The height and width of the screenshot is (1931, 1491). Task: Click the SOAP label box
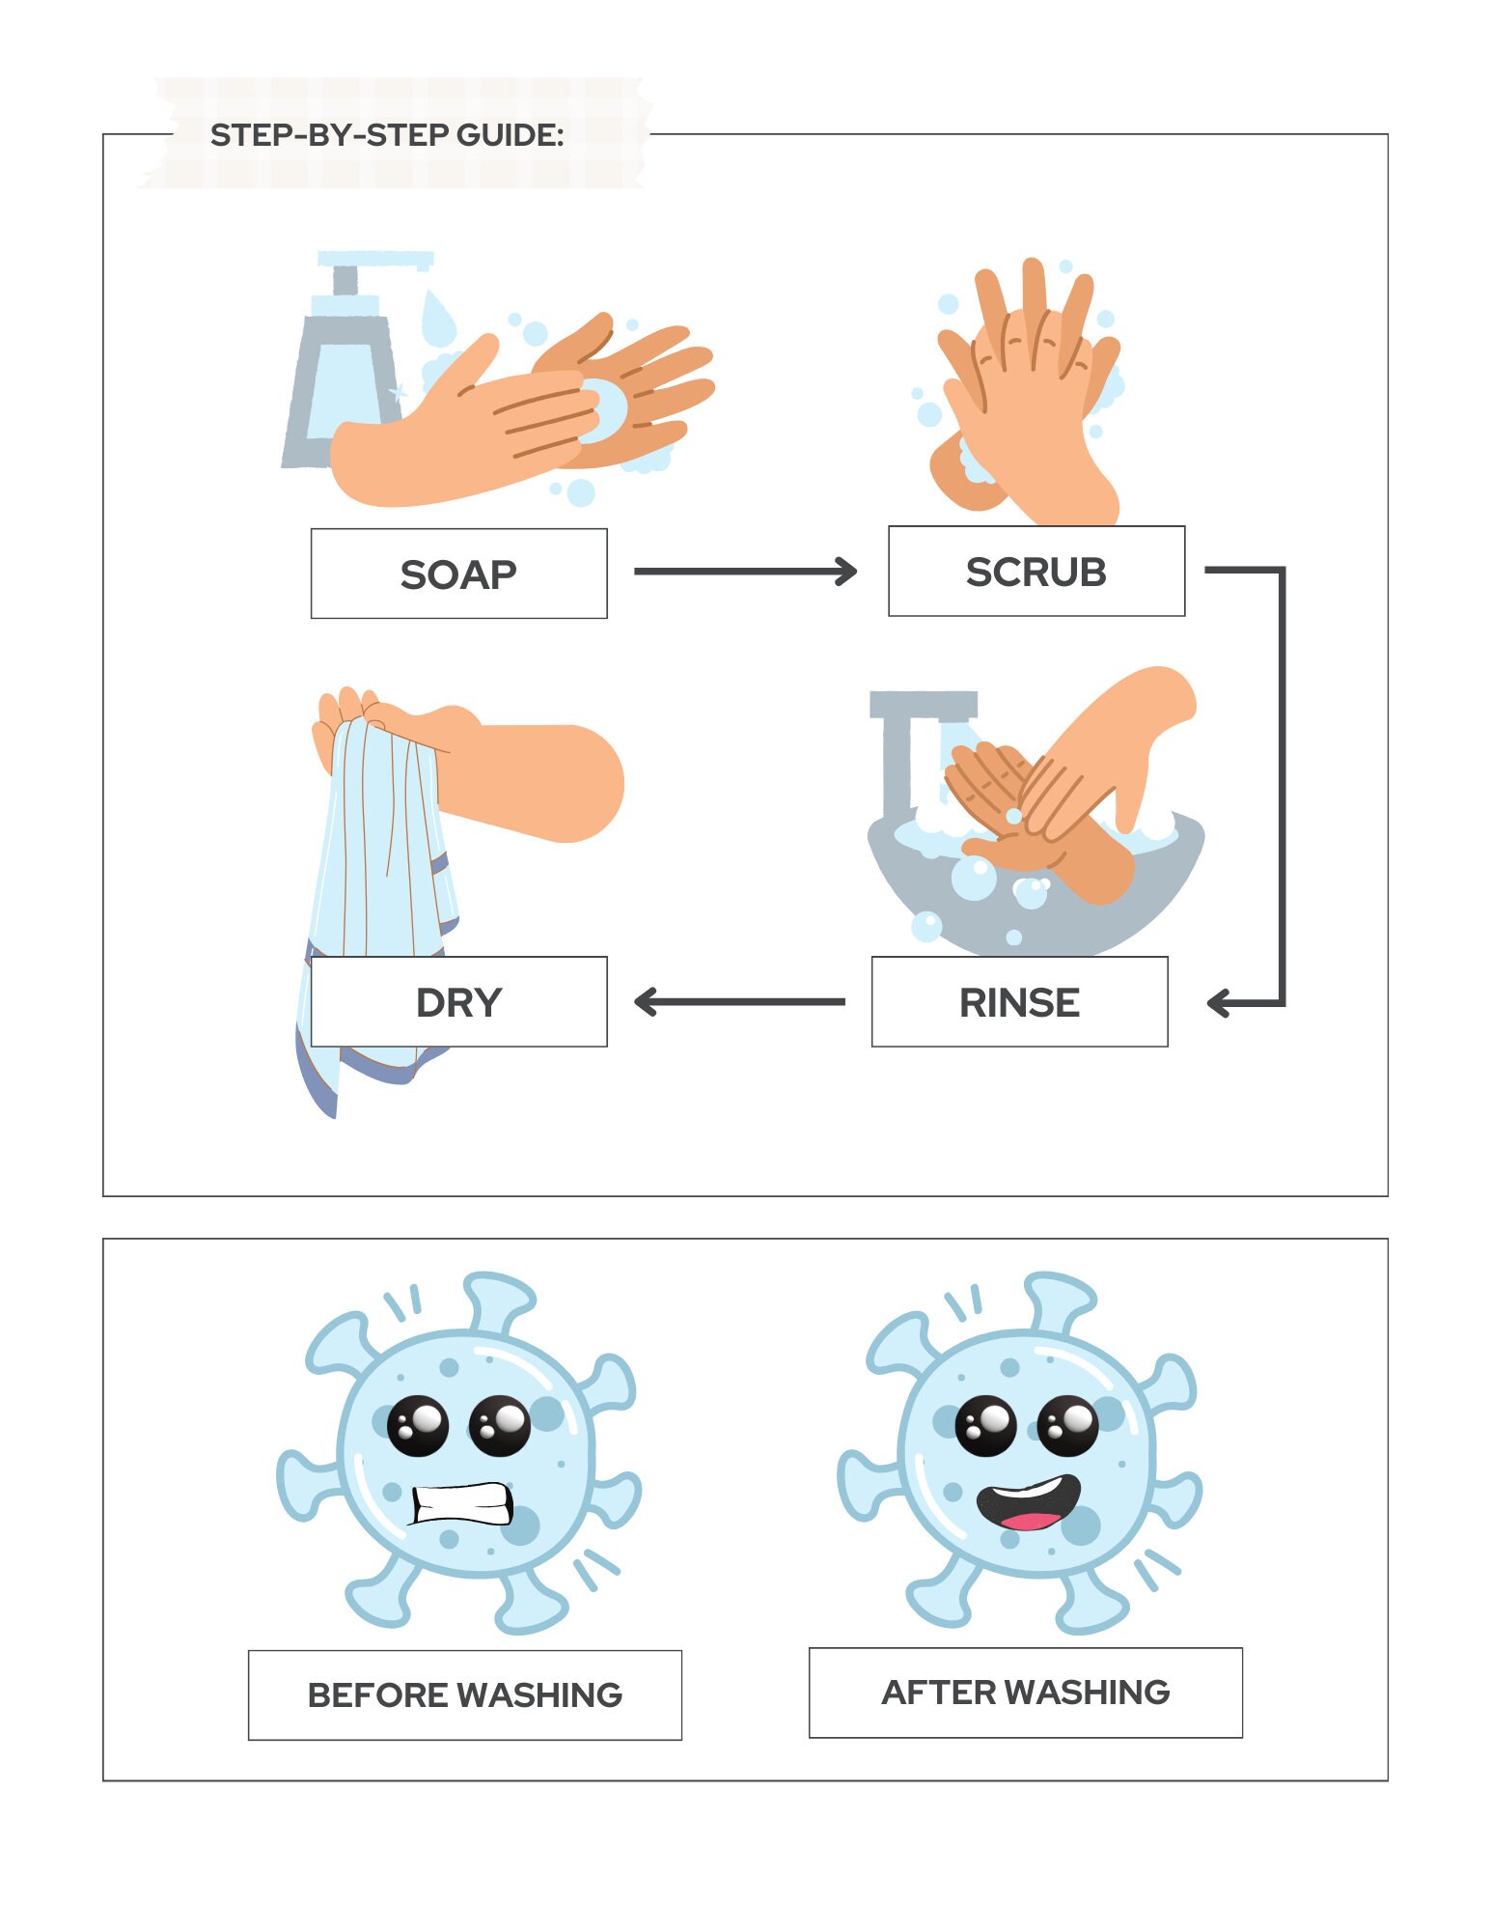(x=458, y=574)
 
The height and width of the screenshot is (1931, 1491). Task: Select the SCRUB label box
(x=1035, y=571)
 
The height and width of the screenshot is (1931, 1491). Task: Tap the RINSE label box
(x=1019, y=1001)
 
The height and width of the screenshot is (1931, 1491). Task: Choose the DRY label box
(x=458, y=1001)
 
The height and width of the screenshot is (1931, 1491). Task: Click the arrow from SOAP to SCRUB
(x=744, y=572)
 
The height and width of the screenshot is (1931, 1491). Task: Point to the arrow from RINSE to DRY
(x=739, y=1001)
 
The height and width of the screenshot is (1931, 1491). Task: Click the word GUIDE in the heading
(x=510, y=135)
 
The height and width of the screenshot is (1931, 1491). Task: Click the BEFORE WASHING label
(x=464, y=1694)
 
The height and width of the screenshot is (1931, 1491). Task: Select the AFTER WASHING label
(x=1025, y=1692)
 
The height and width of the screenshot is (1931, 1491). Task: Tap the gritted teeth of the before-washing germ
(x=461, y=1502)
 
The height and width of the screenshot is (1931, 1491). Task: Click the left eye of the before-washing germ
(x=418, y=1425)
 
